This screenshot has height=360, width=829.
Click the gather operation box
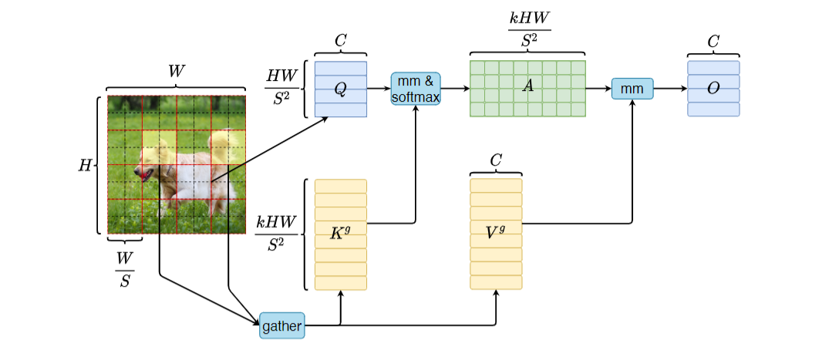[x=281, y=325]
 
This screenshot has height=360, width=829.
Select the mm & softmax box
[x=416, y=89]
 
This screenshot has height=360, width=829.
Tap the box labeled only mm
[x=632, y=89]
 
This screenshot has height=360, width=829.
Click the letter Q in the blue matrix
[x=340, y=89]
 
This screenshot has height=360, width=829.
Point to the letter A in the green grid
[x=527, y=86]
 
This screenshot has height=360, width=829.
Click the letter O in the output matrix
[x=713, y=89]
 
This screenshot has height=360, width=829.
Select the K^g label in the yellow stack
[x=340, y=234]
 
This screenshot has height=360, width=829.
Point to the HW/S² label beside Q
[x=280, y=89]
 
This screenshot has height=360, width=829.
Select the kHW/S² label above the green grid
[x=527, y=29]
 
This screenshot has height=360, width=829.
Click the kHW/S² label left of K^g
[x=275, y=234]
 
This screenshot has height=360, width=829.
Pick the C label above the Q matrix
[x=340, y=41]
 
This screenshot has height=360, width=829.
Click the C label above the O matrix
[x=713, y=41]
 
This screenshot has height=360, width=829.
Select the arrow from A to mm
[x=598, y=89]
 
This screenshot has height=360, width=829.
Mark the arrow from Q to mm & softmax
[x=379, y=89]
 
